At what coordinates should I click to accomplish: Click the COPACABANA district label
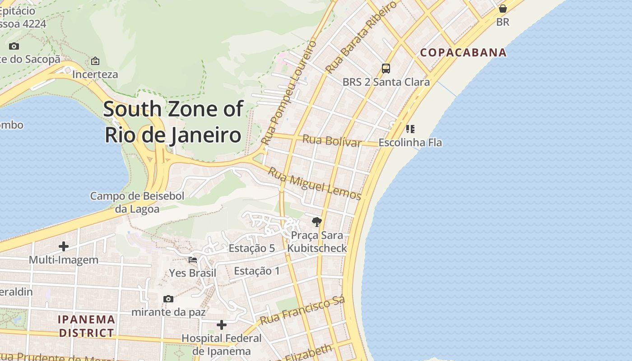pyautogui.click(x=463, y=52)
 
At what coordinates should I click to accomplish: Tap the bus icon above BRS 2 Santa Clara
pyautogui.click(x=386, y=68)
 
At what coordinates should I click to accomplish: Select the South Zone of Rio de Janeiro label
pyautogui.click(x=173, y=122)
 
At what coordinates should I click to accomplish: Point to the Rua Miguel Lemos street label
pyautogui.click(x=315, y=183)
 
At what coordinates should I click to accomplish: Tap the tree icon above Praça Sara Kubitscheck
pyautogui.click(x=317, y=222)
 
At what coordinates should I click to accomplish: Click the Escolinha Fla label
pyautogui.click(x=410, y=143)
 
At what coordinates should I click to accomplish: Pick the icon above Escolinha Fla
pyautogui.click(x=410, y=129)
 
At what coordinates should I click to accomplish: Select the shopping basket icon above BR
pyautogui.click(x=502, y=9)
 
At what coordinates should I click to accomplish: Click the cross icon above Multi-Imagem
pyautogui.click(x=64, y=246)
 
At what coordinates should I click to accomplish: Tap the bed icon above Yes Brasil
pyautogui.click(x=193, y=260)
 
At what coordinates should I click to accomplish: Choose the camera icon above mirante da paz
pyautogui.click(x=168, y=299)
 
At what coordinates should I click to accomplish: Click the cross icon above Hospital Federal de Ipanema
pyautogui.click(x=222, y=325)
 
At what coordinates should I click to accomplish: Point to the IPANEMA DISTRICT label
pyautogui.click(x=87, y=326)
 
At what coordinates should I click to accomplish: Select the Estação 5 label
pyautogui.click(x=251, y=248)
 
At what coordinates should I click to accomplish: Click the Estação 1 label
pyautogui.click(x=257, y=271)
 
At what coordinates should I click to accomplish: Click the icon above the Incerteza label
pyautogui.click(x=95, y=61)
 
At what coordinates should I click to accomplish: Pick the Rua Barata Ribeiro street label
pyautogui.click(x=361, y=37)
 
